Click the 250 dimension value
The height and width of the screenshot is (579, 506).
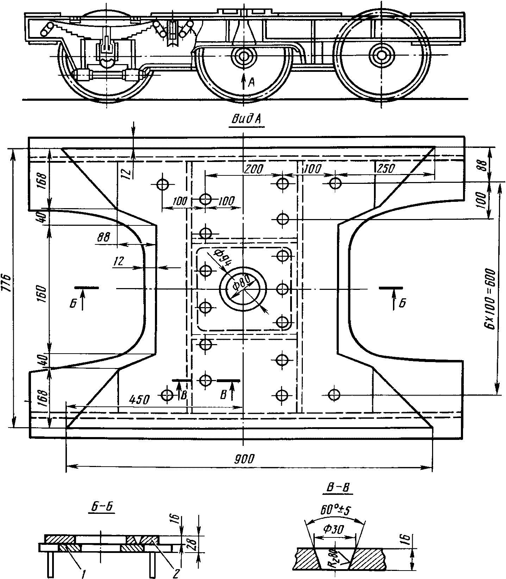pos(386,168)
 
